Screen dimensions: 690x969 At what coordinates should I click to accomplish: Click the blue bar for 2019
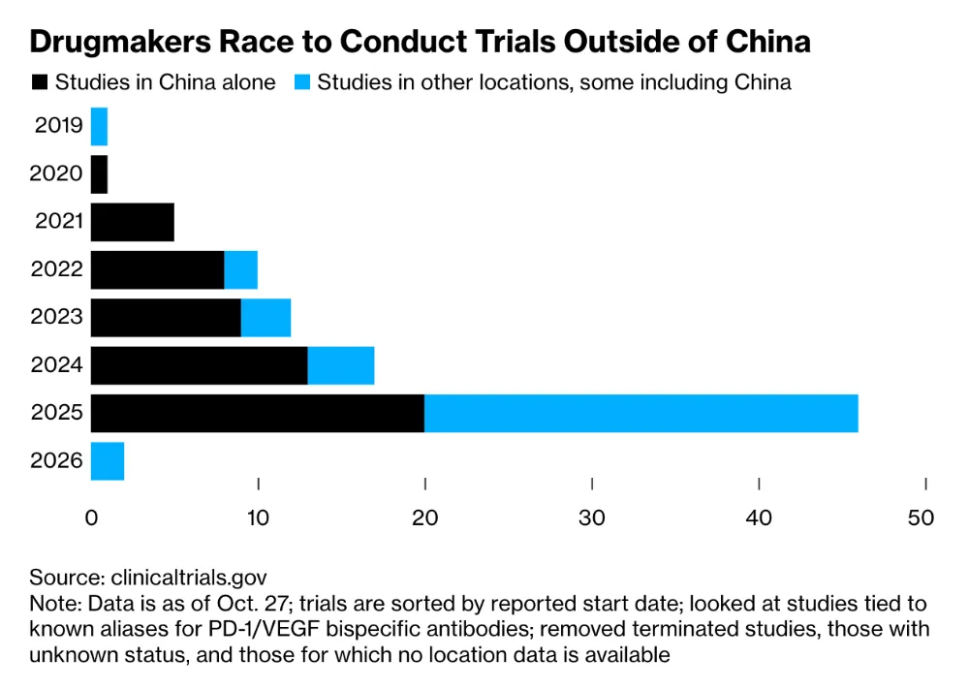(x=99, y=127)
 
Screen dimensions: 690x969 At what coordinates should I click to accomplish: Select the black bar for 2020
(x=99, y=174)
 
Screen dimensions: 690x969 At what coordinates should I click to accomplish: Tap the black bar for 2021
(x=132, y=222)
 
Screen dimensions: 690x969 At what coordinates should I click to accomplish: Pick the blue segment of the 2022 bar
(x=240, y=269)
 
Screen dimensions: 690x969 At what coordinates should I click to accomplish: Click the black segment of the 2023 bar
(x=166, y=317)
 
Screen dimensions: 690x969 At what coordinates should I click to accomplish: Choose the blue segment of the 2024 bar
(x=340, y=365)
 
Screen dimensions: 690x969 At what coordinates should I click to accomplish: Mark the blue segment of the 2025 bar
(x=641, y=413)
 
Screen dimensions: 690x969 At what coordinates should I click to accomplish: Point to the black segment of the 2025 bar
(x=258, y=413)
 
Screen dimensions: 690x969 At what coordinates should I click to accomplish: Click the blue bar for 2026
(x=107, y=460)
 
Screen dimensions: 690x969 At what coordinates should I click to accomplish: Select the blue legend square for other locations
(x=300, y=82)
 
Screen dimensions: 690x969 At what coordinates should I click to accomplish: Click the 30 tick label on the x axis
(x=592, y=517)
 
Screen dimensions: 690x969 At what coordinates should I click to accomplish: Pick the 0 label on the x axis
(x=91, y=517)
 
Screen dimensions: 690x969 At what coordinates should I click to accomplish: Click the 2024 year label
(x=57, y=365)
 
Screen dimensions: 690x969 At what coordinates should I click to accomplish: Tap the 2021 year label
(x=57, y=222)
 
